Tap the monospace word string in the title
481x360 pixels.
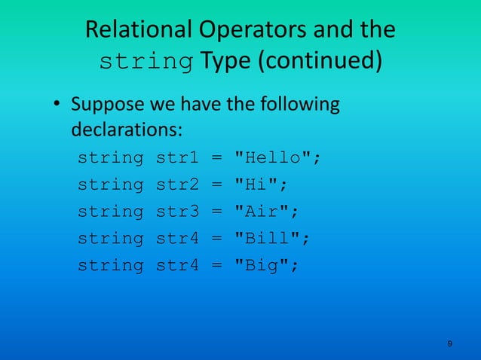(x=146, y=62)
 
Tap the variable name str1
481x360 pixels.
(x=176, y=157)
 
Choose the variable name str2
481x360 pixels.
(x=176, y=185)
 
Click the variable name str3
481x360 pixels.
(x=176, y=212)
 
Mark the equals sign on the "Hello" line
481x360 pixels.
(x=216, y=157)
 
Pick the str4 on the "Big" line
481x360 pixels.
(x=176, y=266)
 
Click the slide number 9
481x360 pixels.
(x=449, y=344)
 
